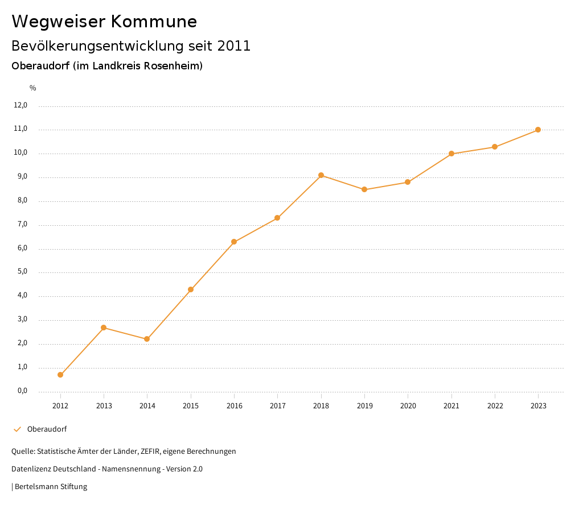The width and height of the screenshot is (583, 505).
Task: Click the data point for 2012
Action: click(x=60, y=375)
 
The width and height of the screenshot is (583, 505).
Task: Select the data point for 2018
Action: click(x=321, y=175)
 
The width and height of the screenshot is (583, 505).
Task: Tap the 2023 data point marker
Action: click(x=538, y=130)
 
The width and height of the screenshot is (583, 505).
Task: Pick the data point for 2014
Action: click(x=147, y=339)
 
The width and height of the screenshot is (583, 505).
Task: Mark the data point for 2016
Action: click(x=234, y=242)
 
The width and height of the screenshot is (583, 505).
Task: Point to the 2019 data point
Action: click(x=364, y=189)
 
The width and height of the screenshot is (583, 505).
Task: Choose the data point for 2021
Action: click(x=451, y=154)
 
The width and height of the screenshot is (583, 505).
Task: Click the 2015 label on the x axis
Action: click(x=191, y=406)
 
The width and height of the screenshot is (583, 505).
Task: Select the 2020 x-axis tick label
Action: click(x=408, y=406)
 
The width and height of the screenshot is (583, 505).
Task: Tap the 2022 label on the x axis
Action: click(x=495, y=406)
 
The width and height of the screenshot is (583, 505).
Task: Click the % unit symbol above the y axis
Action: click(x=33, y=88)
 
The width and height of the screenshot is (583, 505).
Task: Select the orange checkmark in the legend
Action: click(x=17, y=429)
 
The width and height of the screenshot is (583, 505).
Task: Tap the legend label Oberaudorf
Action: click(x=47, y=429)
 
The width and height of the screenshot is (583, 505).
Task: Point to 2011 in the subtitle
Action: click(x=234, y=46)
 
